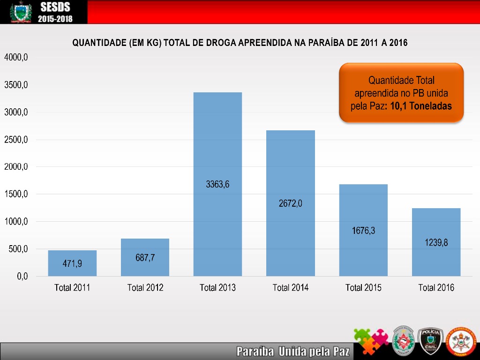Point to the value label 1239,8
[x=436, y=243]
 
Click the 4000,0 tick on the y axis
[x=16, y=57]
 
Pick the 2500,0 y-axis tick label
[x=16, y=140]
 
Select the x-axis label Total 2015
[x=363, y=288]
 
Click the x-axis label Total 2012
[x=145, y=288]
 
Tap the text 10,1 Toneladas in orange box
[x=421, y=106]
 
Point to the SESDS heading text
[x=55, y=7]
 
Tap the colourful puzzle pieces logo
[x=371, y=341]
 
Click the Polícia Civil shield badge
[x=430, y=341]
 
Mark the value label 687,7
[x=145, y=257]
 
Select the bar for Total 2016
[x=436, y=225]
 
